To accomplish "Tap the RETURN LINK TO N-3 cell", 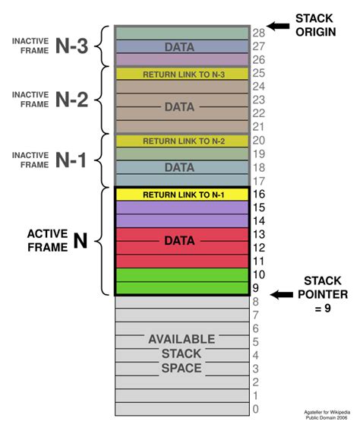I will click(182, 75).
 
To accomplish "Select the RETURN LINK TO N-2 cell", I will click(182, 141).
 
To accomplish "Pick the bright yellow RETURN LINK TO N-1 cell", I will click(182, 195).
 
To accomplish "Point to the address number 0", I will click(255, 410).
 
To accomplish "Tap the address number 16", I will click(258, 195).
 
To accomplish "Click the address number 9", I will click(256, 288).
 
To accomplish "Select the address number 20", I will click(258, 141).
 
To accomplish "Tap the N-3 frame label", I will click(71, 46).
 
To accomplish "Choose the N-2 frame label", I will click(71, 100).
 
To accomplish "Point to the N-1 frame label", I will click(71, 160).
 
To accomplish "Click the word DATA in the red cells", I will click(180, 241).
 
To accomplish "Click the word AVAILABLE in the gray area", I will click(182, 339).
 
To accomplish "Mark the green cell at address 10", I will click(182, 274).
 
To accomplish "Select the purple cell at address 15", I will click(182, 208).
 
